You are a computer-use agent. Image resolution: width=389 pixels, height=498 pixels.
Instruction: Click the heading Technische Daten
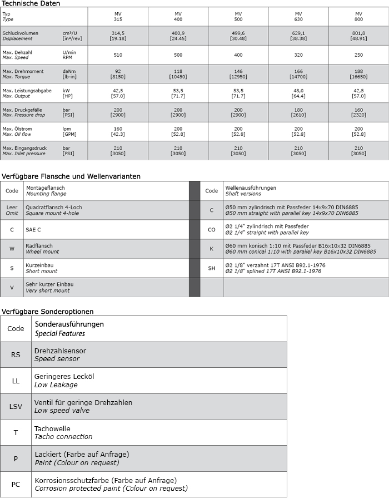click(x=31, y=3)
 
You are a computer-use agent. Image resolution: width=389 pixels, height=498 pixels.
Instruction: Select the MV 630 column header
click(x=298, y=16)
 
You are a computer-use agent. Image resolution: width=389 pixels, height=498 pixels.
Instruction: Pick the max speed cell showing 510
click(x=117, y=55)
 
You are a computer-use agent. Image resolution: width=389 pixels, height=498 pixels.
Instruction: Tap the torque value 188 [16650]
click(x=358, y=74)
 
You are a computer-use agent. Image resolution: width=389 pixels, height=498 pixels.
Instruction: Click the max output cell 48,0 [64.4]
click(x=298, y=93)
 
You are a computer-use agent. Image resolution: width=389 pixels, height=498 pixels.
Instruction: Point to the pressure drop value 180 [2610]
click(x=298, y=112)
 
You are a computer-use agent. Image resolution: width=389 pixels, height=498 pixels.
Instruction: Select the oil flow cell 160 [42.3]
click(x=117, y=131)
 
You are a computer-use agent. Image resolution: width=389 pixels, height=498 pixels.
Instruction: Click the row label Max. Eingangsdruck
click(x=24, y=149)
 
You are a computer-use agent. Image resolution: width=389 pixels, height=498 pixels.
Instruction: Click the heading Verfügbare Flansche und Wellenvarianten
click(x=71, y=176)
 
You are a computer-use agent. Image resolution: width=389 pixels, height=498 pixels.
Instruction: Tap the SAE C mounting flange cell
click(x=34, y=229)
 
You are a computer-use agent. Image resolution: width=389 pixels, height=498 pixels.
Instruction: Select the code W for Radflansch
click(x=12, y=249)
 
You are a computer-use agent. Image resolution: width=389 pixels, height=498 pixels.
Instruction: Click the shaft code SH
click(x=211, y=268)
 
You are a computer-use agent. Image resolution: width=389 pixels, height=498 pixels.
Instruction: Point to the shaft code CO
click(x=211, y=229)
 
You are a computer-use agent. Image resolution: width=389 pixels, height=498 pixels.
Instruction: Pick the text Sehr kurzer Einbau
click(x=49, y=284)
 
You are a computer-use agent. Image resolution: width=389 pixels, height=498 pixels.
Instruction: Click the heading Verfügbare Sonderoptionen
click(x=47, y=311)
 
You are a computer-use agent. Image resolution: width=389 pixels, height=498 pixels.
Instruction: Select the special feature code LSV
click(x=16, y=406)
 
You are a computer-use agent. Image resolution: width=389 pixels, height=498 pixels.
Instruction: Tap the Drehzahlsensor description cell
click(x=60, y=351)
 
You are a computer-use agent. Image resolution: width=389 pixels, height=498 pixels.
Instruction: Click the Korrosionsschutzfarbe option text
click(x=106, y=480)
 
